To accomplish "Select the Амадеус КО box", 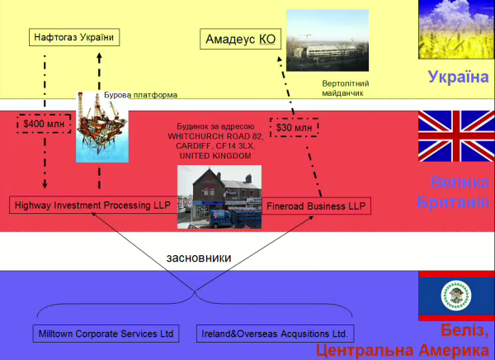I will (x=239, y=38).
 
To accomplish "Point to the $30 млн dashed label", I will (x=295, y=127).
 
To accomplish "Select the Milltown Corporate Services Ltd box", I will (x=107, y=334).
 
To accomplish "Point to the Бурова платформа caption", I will (x=141, y=94).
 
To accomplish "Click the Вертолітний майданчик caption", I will (x=345, y=88).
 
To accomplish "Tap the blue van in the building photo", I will (x=224, y=218).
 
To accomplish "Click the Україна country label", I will (x=458, y=78).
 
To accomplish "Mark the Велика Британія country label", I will (x=459, y=192).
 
